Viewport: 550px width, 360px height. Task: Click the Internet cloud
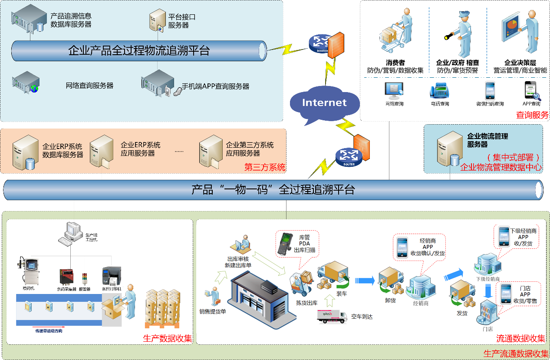tap(324, 103)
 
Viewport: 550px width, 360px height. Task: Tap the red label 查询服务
tap(532, 115)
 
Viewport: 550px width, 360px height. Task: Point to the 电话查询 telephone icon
tap(439, 91)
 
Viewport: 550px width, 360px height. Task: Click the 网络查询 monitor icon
tap(394, 89)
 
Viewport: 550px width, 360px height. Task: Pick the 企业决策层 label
tap(520, 63)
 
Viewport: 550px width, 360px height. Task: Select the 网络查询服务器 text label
tap(89, 86)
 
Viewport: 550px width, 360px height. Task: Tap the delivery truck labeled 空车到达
tap(332, 316)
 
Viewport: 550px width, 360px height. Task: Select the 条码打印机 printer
tap(110, 275)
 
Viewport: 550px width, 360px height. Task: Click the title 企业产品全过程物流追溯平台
tap(139, 51)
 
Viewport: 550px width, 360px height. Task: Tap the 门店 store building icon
tap(487, 313)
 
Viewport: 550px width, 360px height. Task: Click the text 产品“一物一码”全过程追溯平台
tap(273, 190)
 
